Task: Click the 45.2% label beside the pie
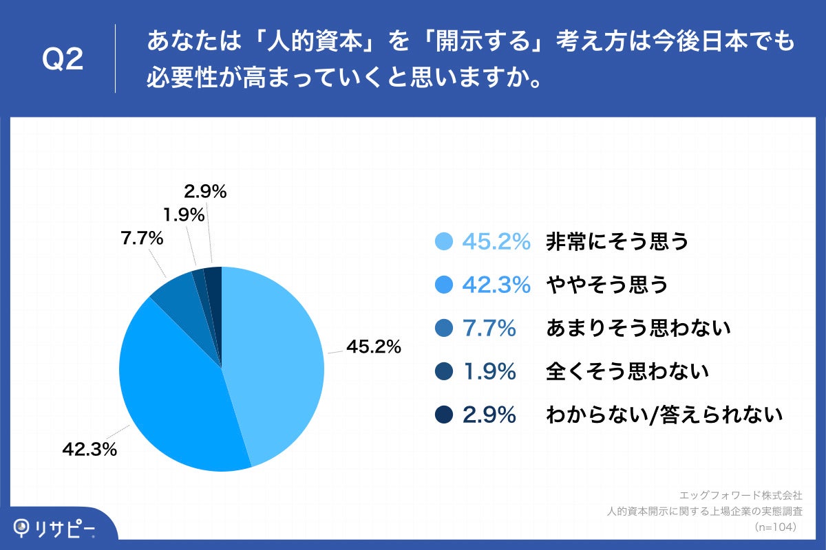(373, 347)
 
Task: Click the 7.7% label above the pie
(141, 239)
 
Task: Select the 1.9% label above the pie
(184, 215)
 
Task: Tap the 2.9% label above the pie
(206, 192)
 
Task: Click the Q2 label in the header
(63, 60)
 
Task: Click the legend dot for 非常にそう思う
(445, 241)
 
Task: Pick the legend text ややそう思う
(606, 285)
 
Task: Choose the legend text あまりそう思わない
(637, 329)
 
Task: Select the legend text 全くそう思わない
(627, 372)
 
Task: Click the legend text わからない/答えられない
(664, 415)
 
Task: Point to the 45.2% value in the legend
(496, 241)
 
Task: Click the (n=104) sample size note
(776, 527)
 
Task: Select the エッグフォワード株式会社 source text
(740, 495)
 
